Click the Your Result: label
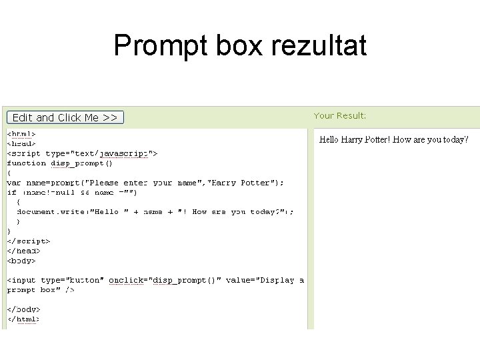point(340,116)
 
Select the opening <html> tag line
point(21,133)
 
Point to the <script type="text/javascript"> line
point(82,153)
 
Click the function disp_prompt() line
point(60,163)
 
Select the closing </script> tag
point(29,241)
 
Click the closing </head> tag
point(24,251)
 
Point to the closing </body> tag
point(24,310)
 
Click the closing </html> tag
point(24,319)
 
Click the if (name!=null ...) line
point(72,192)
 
